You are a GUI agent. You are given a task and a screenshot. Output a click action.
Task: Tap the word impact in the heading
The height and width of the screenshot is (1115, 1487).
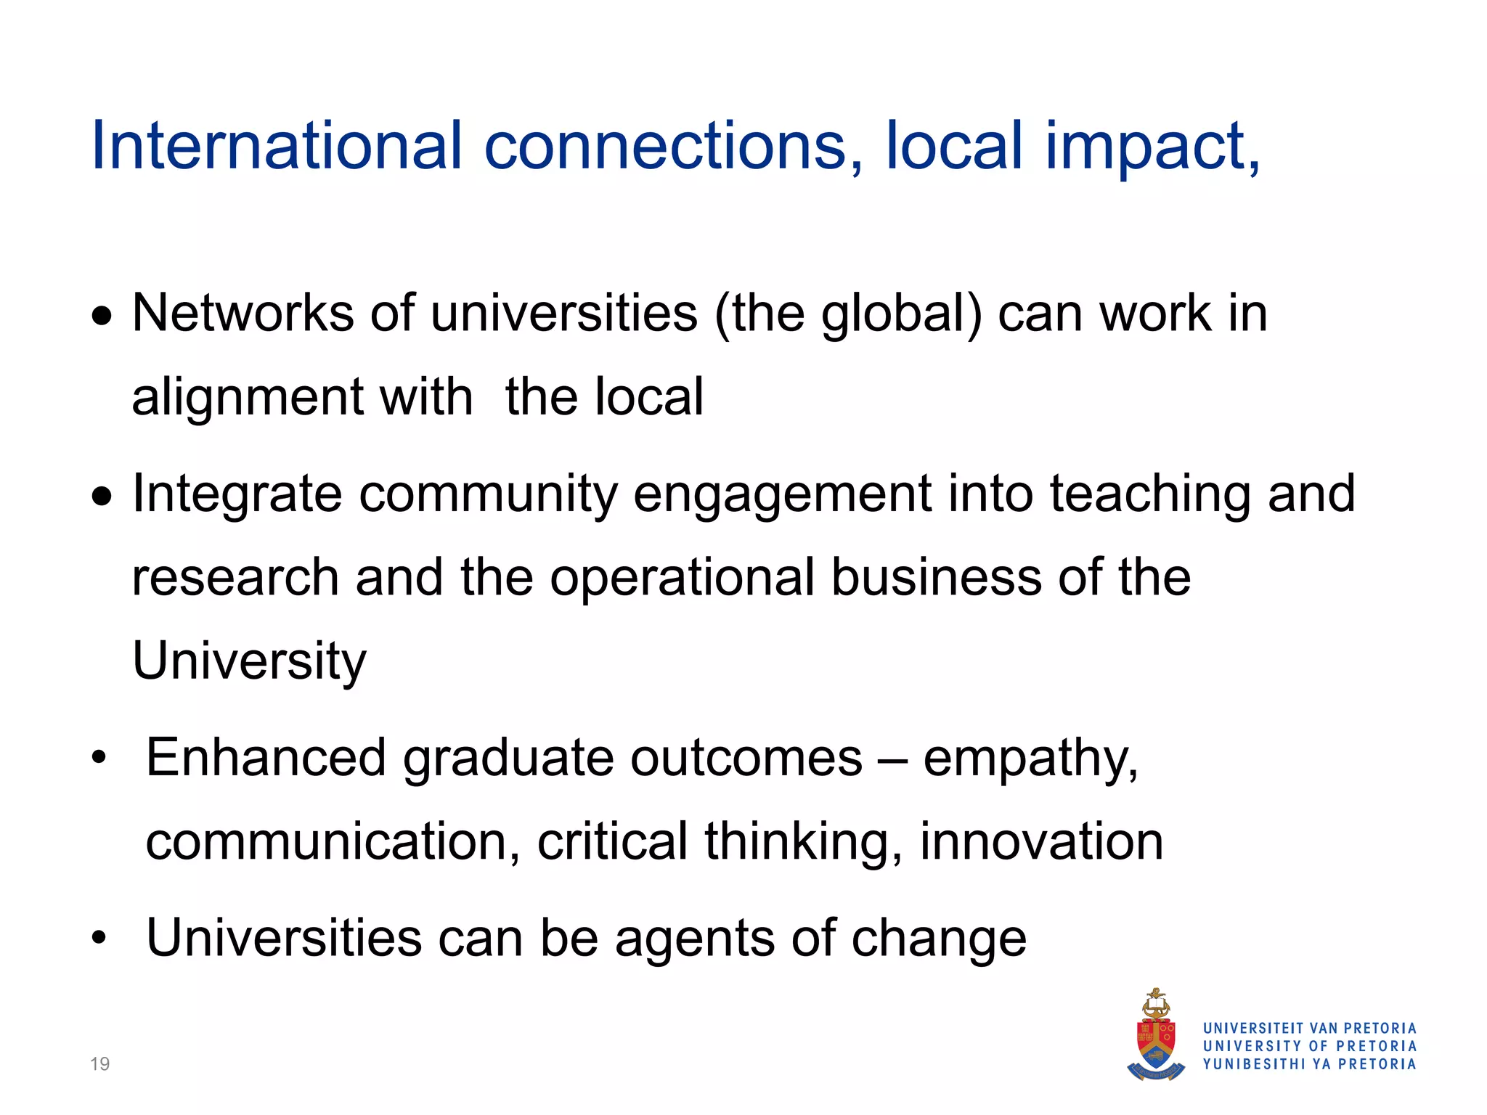coord(1152,147)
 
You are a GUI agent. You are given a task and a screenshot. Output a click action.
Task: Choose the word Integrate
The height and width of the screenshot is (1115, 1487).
coord(237,494)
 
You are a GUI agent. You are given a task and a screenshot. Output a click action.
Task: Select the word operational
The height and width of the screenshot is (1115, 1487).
coord(683,579)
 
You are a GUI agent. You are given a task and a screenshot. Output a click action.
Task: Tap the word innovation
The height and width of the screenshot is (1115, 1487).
coord(1041,842)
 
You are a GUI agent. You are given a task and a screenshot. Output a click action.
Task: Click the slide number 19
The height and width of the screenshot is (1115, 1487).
coord(99,1064)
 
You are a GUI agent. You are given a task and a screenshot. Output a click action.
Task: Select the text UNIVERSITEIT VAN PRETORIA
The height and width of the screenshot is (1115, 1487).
coord(1310,1028)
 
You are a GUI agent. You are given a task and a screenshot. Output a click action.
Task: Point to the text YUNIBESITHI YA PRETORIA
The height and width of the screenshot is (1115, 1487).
coord(1310,1064)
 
